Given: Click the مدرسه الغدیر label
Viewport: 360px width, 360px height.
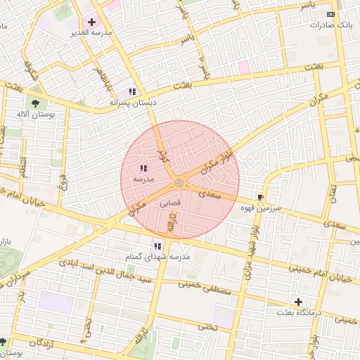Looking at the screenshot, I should (x=87, y=33).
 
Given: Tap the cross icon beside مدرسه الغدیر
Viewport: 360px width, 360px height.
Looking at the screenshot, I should (x=91, y=22).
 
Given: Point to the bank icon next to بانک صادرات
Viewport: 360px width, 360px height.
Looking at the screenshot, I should (x=330, y=14).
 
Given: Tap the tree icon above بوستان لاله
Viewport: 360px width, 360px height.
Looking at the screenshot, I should (x=34, y=104).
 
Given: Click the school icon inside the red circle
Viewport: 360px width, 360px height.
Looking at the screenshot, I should (x=143, y=168).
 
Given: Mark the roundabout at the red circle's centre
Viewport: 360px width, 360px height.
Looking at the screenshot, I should (x=180, y=183).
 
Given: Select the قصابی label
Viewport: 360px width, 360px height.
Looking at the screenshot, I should (x=171, y=202).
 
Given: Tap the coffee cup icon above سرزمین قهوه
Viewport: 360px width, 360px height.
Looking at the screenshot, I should (x=260, y=198).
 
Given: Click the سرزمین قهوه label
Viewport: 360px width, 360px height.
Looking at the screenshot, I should (x=261, y=208).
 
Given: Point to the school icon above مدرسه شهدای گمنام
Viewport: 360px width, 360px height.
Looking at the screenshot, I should (x=157, y=246).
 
